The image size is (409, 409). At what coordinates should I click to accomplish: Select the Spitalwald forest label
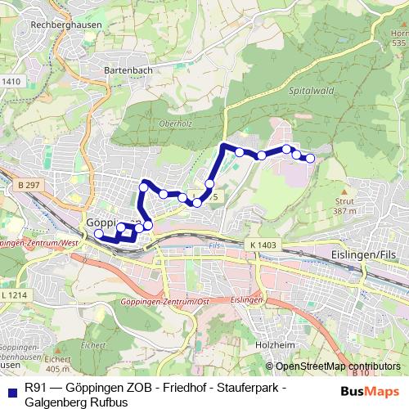pyautogui.click(x=306, y=93)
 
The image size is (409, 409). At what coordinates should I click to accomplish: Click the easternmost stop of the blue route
pyautogui.click(x=310, y=158)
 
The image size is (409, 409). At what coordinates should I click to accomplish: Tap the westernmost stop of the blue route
pyautogui.click(x=99, y=235)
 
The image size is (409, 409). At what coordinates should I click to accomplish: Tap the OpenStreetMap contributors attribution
pyautogui.click(x=337, y=366)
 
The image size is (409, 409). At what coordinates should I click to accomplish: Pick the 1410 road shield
pyautogui.click(x=11, y=81)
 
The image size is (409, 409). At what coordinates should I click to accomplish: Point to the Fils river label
pyautogui.click(x=214, y=245)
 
